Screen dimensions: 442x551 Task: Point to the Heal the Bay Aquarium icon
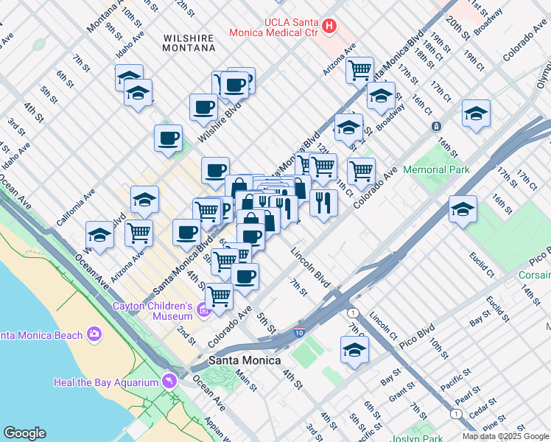170,382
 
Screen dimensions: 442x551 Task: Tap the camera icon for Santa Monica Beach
94,335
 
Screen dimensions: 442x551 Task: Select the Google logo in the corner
24,433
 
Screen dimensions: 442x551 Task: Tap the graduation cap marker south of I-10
354,351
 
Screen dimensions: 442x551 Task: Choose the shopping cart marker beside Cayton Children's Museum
219,296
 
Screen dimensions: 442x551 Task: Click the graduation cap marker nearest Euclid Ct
463,210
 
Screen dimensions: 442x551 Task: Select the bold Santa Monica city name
245,360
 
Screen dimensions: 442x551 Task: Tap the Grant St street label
402,391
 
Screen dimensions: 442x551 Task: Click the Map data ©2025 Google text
505,436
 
